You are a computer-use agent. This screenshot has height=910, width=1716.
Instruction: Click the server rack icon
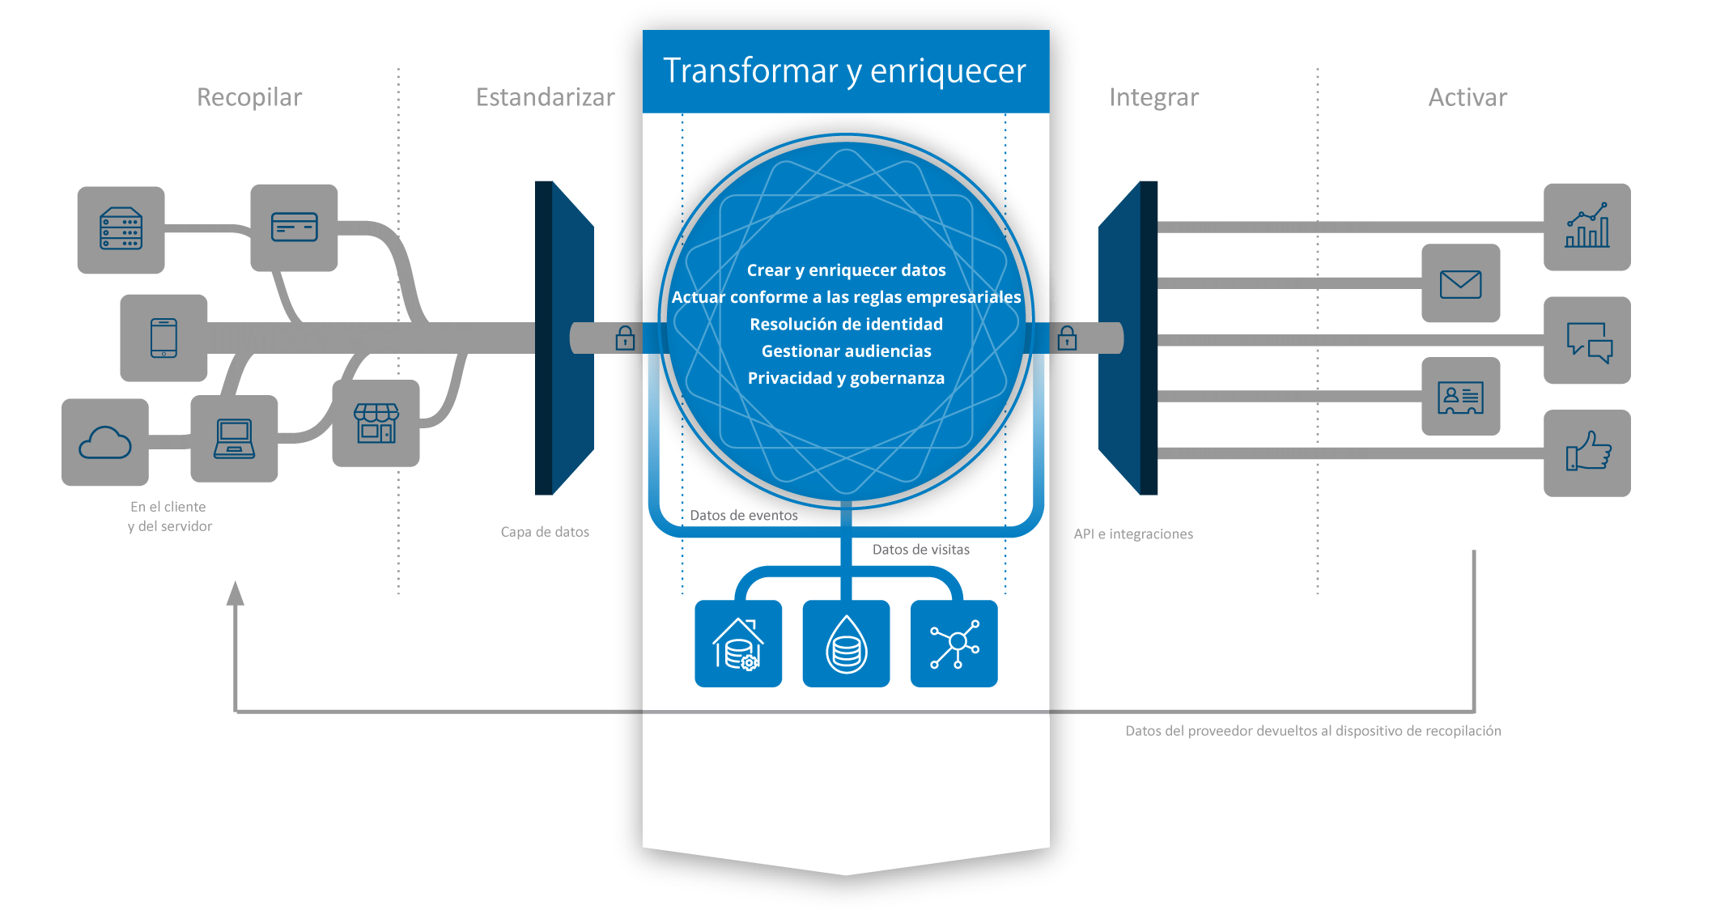121,230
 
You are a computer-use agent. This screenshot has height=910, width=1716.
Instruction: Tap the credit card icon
294,227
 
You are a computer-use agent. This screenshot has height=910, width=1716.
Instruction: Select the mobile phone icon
164,338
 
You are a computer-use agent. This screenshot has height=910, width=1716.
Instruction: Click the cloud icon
105,442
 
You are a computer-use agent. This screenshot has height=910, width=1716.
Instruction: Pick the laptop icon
234,439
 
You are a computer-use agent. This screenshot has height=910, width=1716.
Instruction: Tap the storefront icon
376,423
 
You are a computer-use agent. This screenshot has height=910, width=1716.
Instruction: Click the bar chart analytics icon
1587,227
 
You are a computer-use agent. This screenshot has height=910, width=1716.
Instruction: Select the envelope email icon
1461,283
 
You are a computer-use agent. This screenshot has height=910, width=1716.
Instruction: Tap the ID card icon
1461,397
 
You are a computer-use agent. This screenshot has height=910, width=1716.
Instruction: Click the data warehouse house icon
738,644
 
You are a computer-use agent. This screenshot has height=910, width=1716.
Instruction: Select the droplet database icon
846,644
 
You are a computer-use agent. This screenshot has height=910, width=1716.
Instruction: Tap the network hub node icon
954,644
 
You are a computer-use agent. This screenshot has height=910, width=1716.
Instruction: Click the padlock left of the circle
625,338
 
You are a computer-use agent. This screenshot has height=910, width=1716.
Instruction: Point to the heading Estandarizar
546,97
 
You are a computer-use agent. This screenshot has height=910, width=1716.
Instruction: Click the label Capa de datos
545,532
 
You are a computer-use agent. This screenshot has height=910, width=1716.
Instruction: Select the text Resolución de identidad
847,325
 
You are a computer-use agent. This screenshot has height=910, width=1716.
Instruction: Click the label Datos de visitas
921,550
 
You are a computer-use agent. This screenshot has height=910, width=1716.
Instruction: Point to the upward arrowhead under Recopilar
236,593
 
